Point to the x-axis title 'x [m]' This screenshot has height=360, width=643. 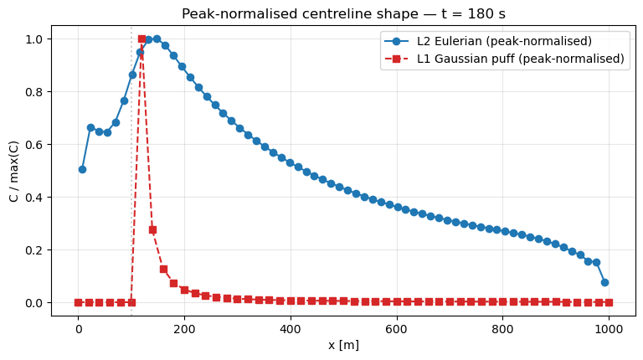pos(343,345)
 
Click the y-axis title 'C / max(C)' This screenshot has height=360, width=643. pos(13,170)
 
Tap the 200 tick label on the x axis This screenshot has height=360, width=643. pos(184,328)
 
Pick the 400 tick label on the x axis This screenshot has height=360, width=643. pos(291,328)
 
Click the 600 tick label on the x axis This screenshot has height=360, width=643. pos(396,328)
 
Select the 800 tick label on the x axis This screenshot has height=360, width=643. pos(502,328)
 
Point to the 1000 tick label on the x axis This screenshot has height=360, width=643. pos(609,328)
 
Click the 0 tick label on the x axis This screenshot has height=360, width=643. pos(79,328)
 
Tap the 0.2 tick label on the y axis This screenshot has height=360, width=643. pos(36,250)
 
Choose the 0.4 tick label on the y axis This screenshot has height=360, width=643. pos(36,198)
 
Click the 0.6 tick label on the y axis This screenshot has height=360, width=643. pos(36,145)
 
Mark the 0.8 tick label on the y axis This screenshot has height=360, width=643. pos(36,92)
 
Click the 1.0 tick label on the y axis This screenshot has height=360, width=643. pos(36,39)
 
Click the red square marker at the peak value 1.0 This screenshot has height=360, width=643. pos(141,39)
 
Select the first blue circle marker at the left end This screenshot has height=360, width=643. pos(82,169)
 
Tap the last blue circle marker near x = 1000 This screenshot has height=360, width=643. pos(604,282)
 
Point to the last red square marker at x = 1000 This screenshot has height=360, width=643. pos(609,302)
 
